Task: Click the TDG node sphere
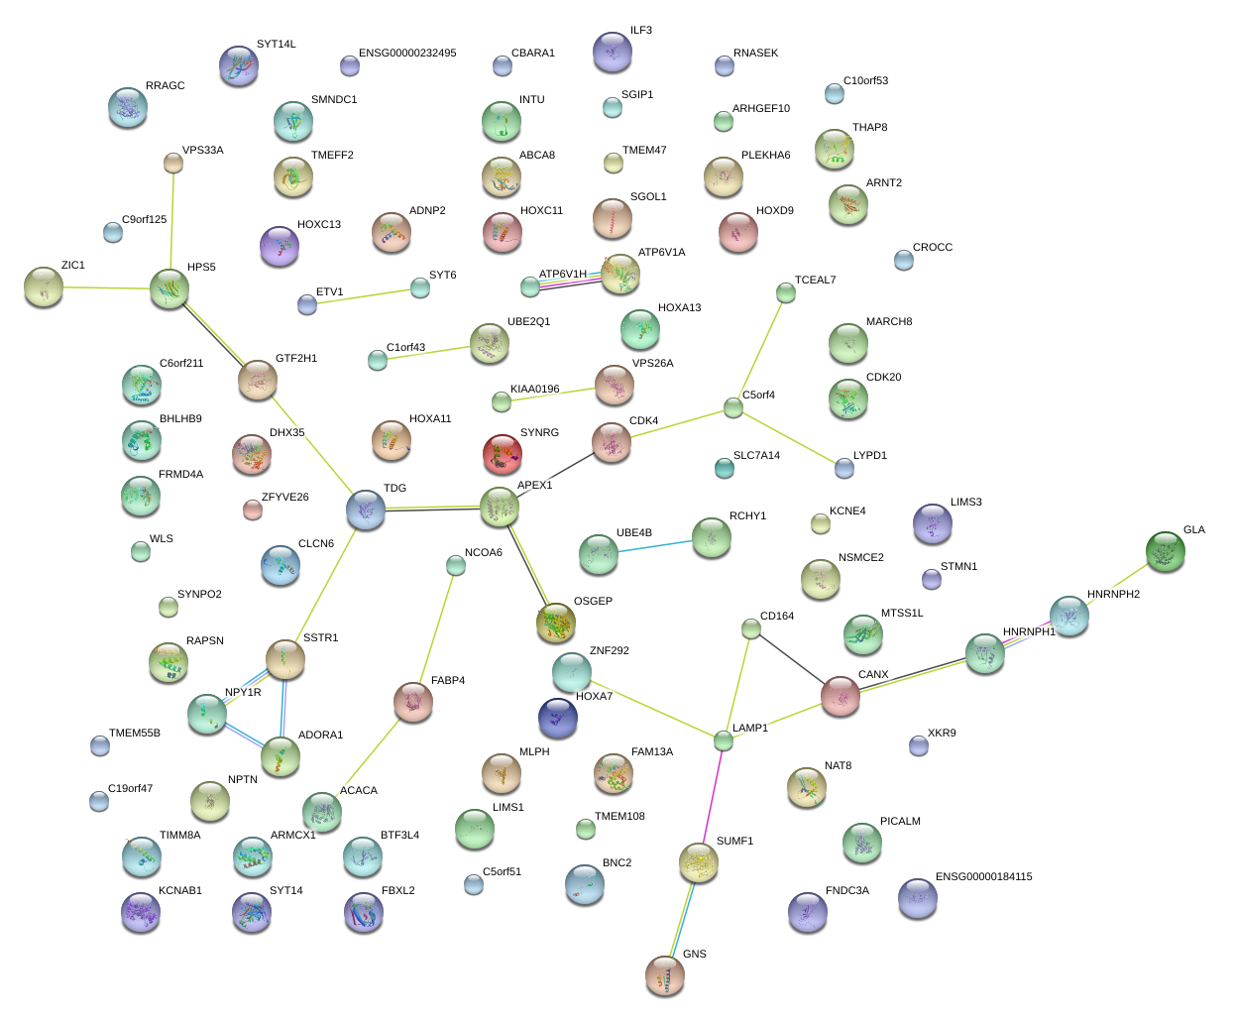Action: (366, 510)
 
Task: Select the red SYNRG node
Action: (502, 454)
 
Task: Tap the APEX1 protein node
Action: (500, 507)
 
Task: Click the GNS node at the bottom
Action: (664, 975)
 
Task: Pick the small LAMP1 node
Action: (724, 740)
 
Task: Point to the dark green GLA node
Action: (1165, 551)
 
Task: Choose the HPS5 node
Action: (169, 288)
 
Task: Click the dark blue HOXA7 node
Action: (558, 718)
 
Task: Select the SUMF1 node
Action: (699, 863)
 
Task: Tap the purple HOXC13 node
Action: (280, 246)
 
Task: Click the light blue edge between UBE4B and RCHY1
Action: (655, 546)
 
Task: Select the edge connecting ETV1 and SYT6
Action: (364, 296)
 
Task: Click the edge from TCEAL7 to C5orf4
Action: (760, 348)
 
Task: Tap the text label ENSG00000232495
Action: (407, 54)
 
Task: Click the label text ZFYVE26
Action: (284, 498)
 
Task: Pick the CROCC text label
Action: (932, 248)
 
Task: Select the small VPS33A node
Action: (173, 163)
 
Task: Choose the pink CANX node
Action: (841, 696)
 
